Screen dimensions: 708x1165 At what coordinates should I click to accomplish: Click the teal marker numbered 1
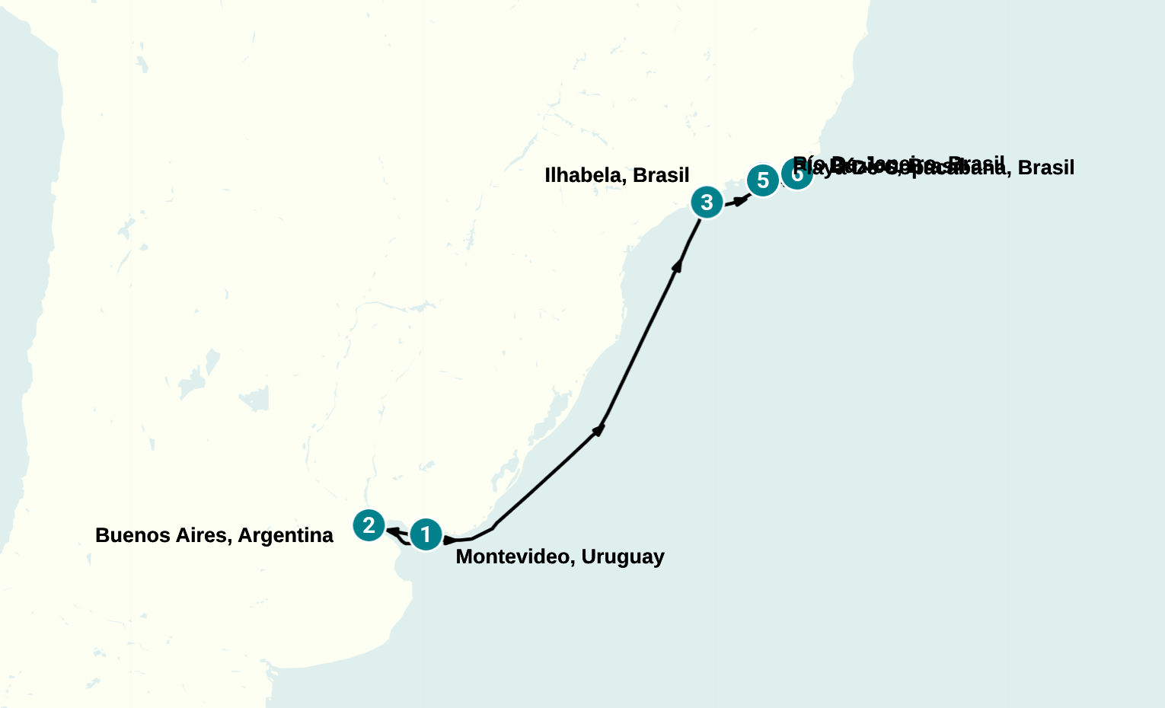[x=426, y=534]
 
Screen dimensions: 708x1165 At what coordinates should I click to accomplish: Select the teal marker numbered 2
[x=369, y=525]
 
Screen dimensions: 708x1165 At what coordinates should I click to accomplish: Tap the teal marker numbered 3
[x=707, y=203]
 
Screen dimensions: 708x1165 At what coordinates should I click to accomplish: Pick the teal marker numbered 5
[x=762, y=181]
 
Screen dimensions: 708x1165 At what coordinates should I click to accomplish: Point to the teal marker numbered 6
[x=796, y=174]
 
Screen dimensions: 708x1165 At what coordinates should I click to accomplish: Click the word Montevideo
[x=515, y=557]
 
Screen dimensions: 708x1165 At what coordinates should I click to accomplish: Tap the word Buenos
[x=126, y=536]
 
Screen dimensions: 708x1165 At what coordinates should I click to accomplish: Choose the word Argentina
[x=286, y=536]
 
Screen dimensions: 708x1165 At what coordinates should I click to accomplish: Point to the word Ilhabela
[x=586, y=176]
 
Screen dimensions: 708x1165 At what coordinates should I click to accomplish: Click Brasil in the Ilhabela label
[x=661, y=176]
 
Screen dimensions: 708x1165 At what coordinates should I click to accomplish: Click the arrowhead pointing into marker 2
[x=393, y=531]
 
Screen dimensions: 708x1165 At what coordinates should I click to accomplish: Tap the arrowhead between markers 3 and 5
[x=739, y=200]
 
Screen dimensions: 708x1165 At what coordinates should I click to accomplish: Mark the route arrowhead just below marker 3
[x=677, y=264]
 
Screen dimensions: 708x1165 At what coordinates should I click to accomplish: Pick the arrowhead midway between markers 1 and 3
[x=599, y=430]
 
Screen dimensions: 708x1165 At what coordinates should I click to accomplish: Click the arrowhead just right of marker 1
[x=449, y=540]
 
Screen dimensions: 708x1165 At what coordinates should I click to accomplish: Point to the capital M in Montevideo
[x=463, y=557]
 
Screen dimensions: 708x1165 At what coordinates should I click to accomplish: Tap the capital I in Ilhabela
[x=547, y=176]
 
